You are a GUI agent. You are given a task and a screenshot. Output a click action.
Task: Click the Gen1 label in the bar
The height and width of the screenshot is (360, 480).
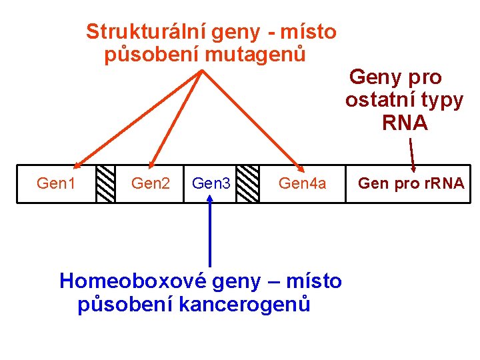tap(56, 183)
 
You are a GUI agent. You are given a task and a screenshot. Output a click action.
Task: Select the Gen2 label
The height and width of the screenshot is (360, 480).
tap(151, 183)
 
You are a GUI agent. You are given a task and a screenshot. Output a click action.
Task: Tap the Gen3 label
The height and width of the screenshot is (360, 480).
tap(211, 183)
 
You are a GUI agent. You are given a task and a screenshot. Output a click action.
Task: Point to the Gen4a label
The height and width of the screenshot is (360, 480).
tap(303, 183)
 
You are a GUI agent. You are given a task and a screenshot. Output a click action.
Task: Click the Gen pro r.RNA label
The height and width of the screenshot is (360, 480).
tap(411, 183)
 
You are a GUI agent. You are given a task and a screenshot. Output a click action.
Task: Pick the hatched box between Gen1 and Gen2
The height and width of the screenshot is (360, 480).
tap(105, 183)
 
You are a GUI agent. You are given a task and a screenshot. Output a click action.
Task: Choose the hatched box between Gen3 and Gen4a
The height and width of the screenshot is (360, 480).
tap(248, 183)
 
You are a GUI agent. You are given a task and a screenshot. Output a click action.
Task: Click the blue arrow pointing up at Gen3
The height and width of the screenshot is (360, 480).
tap(210, 233)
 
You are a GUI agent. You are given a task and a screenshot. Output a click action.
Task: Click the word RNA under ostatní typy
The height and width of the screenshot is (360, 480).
tap(405, 123)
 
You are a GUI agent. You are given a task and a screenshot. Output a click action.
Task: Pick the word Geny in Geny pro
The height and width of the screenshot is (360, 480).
tap(373, 78)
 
